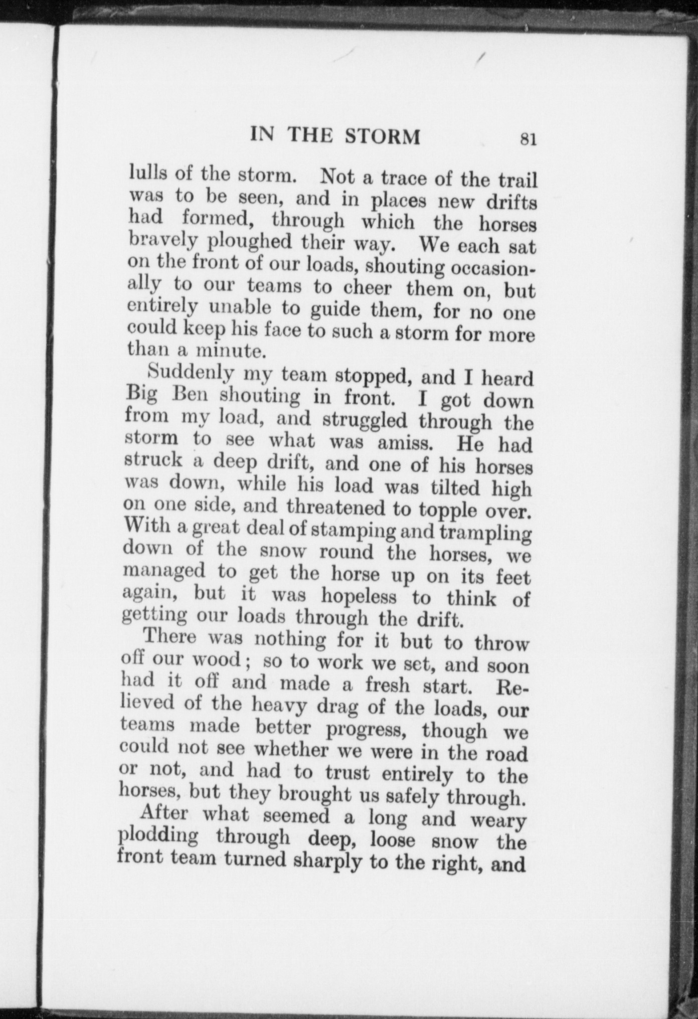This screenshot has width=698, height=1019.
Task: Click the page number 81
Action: tap(529, 138)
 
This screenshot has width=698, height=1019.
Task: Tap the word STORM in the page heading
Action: tap(383, 136)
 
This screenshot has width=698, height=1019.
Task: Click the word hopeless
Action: tap(359, 597)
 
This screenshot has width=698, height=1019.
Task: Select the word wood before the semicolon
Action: tap(217, 659)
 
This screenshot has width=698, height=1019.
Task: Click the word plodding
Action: tap(157, 836)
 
